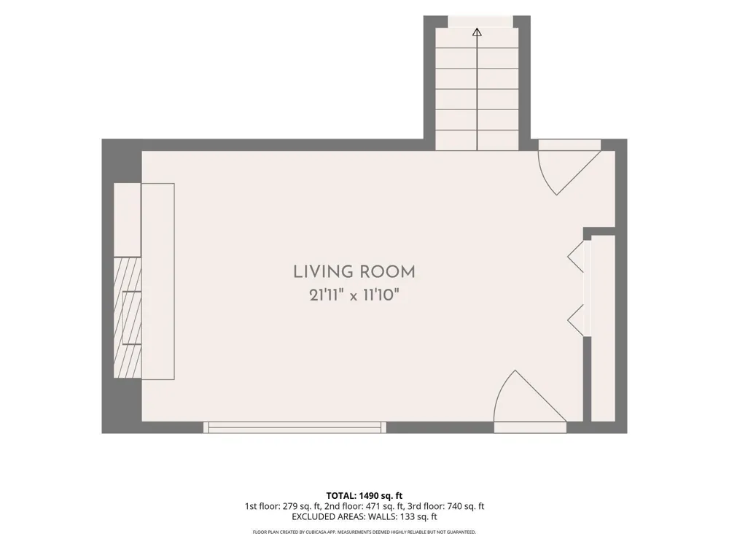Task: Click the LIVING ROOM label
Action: [354, 271]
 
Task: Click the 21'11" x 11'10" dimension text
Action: [354, 295]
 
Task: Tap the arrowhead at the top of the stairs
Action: [477, 32]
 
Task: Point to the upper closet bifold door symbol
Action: [576, 256]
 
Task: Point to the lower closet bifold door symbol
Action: [576, 320]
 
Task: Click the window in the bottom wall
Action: [295, 427]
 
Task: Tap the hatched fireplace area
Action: [128, 318]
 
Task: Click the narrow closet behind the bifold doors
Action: [603, 328]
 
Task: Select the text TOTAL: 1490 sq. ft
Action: [364, 496]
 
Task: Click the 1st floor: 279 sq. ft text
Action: [282, 507]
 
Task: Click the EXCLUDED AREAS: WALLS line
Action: [364, 517]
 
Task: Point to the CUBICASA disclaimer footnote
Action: [364, 532]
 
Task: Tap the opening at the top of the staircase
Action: [480, 21]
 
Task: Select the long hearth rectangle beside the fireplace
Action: [158, 282]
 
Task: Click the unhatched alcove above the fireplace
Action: [128, 219]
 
